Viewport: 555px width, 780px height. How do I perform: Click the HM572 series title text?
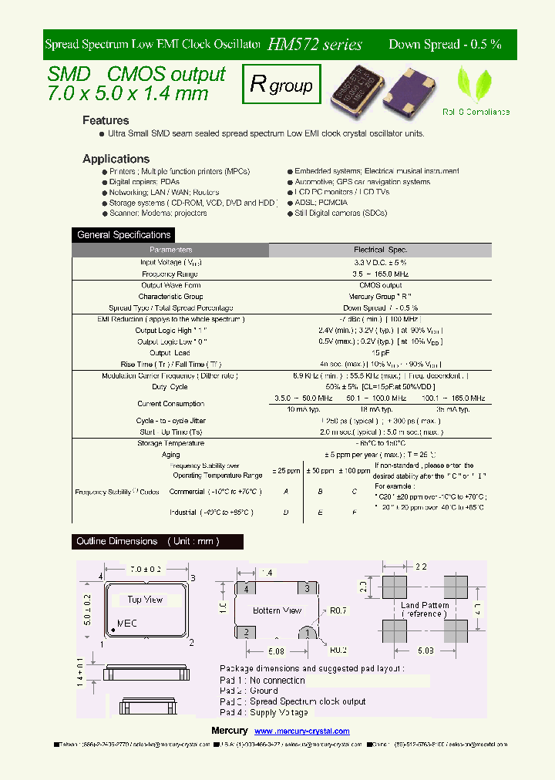[314, 45]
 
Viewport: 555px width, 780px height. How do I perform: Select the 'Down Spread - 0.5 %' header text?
[445, 45]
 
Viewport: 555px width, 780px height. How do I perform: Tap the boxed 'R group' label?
[281, 85]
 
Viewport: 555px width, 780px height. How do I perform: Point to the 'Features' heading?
[106, 120]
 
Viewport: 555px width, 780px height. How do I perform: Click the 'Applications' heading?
[116, 159]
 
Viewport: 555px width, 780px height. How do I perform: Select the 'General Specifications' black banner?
[123, 235]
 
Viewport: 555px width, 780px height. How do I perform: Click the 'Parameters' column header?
[170, 250]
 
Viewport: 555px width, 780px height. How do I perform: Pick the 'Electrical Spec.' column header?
[380, 250]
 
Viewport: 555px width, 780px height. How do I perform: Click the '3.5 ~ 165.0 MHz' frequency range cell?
[380, 274]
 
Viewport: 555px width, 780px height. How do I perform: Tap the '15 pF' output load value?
[380, 353]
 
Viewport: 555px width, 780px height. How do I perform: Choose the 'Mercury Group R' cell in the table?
[380, 297]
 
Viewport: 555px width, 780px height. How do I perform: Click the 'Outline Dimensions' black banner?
[156, 542]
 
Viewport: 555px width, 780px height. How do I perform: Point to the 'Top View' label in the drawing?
[145, 599]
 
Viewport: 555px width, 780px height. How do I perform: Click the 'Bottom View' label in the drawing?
[277, 610]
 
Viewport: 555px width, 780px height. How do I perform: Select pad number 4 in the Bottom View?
[246, 589]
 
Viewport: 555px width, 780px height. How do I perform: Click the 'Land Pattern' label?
[425, 606]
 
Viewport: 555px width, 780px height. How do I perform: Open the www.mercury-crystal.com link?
[301, 731]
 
